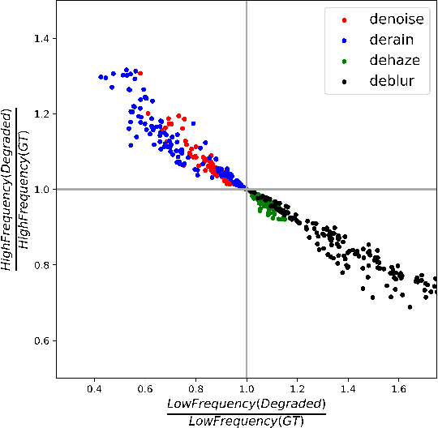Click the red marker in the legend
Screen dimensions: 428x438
coord(344,19)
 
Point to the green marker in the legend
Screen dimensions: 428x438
coord(344,60)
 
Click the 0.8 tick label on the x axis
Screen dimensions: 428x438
coord(195,389)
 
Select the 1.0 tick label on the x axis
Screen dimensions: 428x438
coord(247,389)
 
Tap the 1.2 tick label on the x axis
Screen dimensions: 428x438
coord(298,389)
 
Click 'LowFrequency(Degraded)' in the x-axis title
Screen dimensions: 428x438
coord(246,404)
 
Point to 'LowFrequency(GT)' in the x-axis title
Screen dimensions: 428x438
coord(246,420)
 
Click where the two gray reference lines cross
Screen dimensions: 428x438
coord(247,189)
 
